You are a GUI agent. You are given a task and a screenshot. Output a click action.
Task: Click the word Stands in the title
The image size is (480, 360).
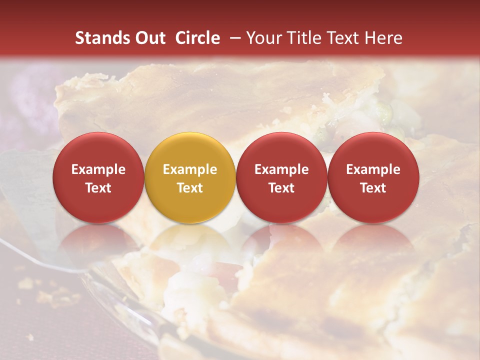(x=102, y=38)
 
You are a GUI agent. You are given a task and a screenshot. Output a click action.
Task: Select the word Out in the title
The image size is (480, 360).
(x=150, y=38)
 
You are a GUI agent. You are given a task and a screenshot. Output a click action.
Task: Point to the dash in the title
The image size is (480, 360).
(x=233, y=38)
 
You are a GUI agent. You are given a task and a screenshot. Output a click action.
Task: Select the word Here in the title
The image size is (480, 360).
(x=383, y=38)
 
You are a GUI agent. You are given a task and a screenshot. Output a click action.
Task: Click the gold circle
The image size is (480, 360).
(x=190, y=177)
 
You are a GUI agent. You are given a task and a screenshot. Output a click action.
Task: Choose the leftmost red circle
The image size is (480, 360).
(x=98, y=177)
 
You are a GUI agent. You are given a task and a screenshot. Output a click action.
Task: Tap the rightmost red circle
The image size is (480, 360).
(x=373, y=177)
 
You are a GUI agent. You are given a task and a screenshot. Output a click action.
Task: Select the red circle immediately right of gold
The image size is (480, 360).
(x=281, y=177)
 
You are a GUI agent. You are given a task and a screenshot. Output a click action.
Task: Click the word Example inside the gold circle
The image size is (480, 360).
(x=190, y=170)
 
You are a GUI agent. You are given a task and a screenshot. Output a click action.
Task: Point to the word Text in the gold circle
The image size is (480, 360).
(x=190, y=188)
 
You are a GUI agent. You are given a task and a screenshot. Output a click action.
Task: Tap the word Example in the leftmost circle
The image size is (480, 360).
(x=98, y=170)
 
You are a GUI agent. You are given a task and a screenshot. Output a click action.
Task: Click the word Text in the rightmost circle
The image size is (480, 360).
(x=373, y=188)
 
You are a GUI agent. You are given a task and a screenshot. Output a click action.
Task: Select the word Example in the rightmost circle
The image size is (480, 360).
(x=373, y=170)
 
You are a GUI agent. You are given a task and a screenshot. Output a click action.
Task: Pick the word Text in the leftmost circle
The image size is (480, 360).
(x=98, y=188)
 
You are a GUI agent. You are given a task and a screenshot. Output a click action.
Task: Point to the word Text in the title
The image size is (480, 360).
(x=344, y=38)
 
